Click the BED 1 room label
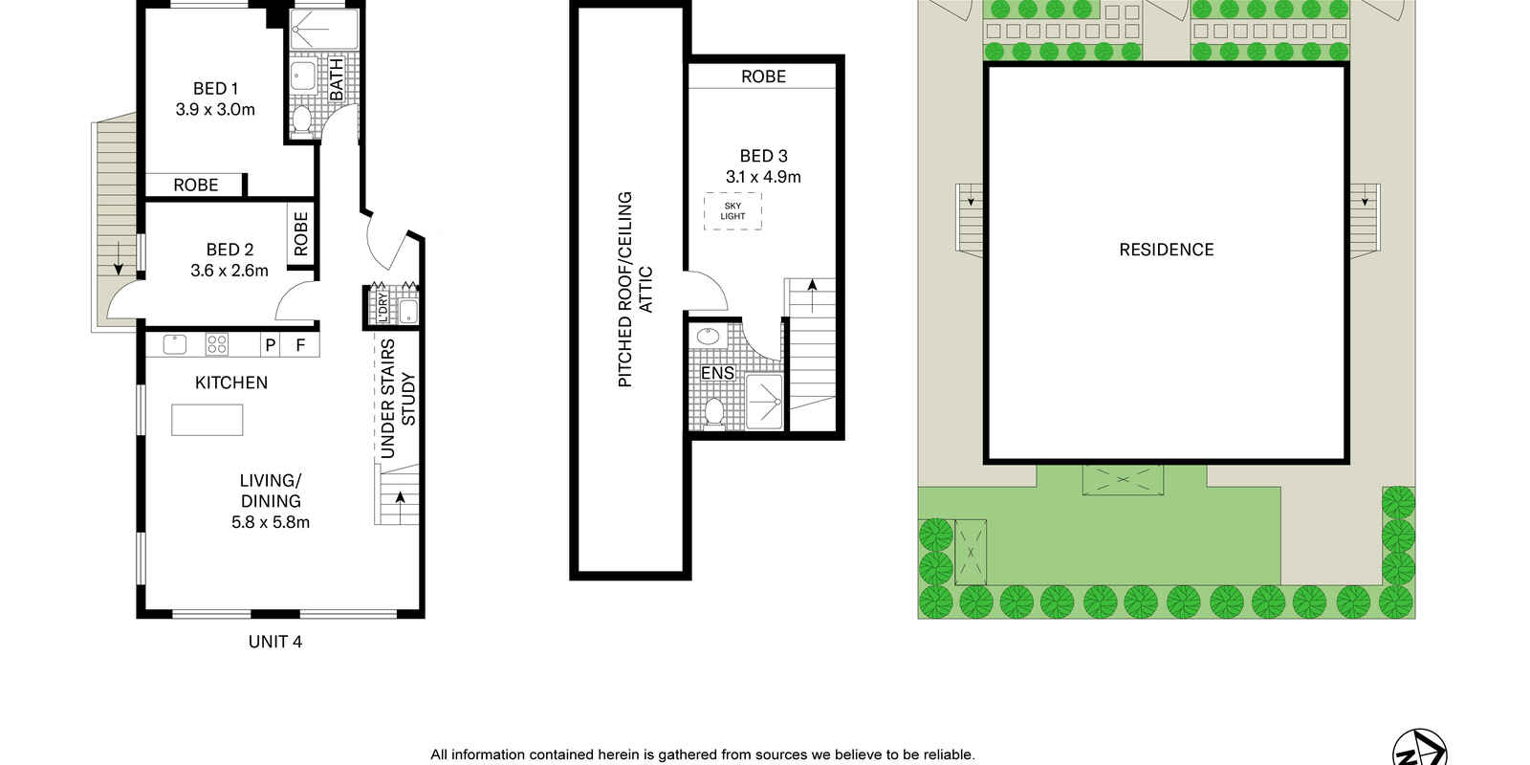(x=215, y=89)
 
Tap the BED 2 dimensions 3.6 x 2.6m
(x=229, y=271)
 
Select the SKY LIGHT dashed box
(x=732, y=211)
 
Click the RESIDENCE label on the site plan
(x=1167, y=250)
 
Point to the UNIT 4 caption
(x=275, y=642)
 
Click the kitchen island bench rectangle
(x=207, y=420)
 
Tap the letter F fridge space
(x=300, y=345)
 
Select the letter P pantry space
(x=271, y=345)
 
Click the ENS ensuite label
(x=717, y=373)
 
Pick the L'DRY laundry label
(x=382, y=307)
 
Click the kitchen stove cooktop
(x=216, y=344)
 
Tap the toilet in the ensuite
(x=713, y=412)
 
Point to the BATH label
(x=337, y=80)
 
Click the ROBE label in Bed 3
(x=764, y=76)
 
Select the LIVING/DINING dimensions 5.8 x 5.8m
(x=271, y=522)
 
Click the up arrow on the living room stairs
(x=400, y=498)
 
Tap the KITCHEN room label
(x=231, y=382)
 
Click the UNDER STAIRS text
(x=387, y=399)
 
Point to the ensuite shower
(x=764, y=402)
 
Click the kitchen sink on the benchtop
(x=175, y=344)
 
